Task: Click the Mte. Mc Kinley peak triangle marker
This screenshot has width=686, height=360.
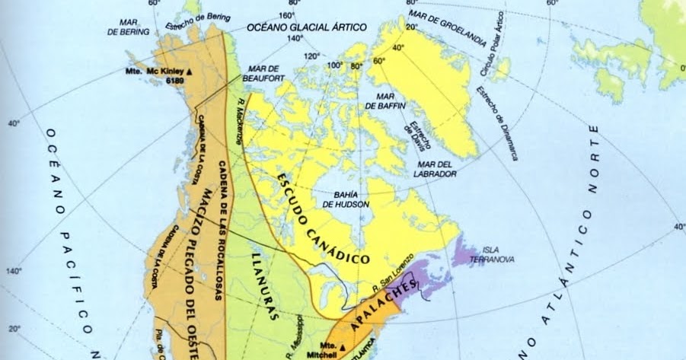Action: (190, 71)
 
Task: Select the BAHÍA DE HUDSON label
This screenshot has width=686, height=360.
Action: (346, 199)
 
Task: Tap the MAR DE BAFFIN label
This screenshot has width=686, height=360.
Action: (396, 101)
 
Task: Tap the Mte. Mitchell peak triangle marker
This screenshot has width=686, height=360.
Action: (343, 348)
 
